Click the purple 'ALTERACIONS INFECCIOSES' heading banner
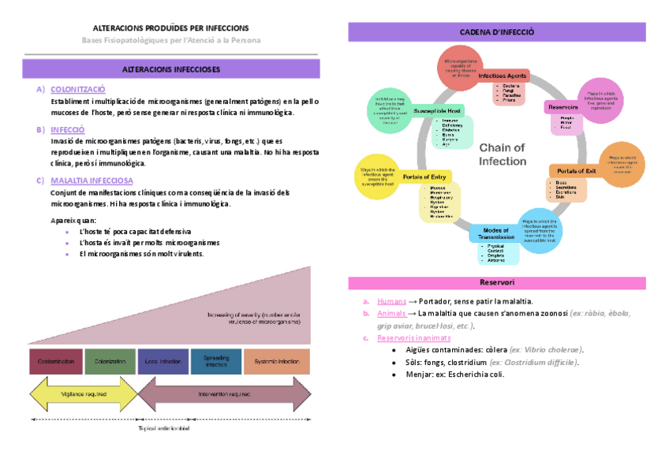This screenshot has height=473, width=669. (170, 69)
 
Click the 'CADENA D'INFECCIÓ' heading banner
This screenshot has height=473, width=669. (497, 32)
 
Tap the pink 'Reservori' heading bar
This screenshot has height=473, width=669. (497, 282)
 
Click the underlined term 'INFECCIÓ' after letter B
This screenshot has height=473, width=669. (68, 129)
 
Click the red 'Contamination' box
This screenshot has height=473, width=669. (55, 362)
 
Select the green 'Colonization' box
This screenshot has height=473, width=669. (110, 362)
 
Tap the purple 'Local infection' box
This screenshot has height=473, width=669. (163, 362)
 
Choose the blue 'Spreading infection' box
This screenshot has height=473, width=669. (215, 362)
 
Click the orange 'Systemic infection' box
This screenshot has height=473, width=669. (277, 362)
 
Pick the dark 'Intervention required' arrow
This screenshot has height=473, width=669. (224, 393)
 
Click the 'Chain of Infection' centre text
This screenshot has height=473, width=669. (503, 155)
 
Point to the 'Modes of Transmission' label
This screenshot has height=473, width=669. (496, 233)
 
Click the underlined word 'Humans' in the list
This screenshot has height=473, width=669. (391, 301)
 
